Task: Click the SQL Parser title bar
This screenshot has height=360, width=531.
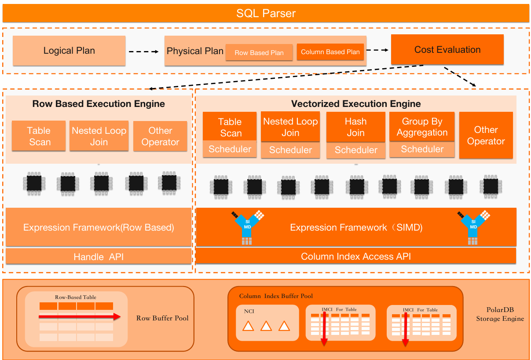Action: tap(266, 13)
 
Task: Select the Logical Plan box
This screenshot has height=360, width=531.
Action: tap(69, 51)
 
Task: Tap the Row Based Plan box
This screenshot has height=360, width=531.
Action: tap(259, 52)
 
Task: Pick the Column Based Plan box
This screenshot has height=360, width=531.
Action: tap(330, 51)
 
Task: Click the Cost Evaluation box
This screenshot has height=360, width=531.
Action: tap(447, 50)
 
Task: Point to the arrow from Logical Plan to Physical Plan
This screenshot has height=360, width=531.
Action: tap(144, 51)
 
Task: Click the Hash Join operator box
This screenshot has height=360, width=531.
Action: tap(355, 127)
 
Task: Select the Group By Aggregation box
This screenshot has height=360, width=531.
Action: tap(422, 127)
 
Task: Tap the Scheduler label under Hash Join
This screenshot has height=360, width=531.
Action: tap(356, 150)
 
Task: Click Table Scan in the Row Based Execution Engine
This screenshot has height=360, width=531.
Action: tap(39, 136)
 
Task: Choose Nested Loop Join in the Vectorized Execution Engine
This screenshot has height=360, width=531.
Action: tap(290, 127)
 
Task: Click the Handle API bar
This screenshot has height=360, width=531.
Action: tap(99, 257)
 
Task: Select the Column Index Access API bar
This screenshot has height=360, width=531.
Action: tap(355, 256)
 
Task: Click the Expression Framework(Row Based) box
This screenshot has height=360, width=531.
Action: tap(99, 227)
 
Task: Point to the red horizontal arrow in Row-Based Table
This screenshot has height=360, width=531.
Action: tap(79, 316)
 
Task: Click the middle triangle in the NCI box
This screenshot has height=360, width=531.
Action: tap(266, 326)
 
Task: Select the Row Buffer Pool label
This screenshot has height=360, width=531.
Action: tap(162, 318)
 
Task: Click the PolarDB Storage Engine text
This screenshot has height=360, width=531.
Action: tap(500, 315)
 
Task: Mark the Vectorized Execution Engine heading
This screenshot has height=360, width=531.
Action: tap(355, 104)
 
